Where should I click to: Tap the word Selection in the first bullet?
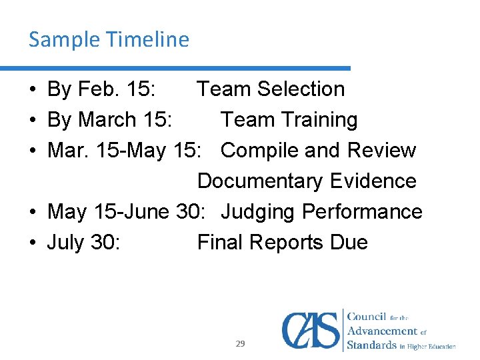(x=301, y=89)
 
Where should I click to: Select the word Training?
(x=319, y=120)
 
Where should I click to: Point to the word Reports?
(x=283, y=243)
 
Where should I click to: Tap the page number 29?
(x=240, y=344)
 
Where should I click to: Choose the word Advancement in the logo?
(x=383, y=331)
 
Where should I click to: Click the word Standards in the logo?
(x=371, y=345)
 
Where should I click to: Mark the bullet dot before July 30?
(x=34, y=243)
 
